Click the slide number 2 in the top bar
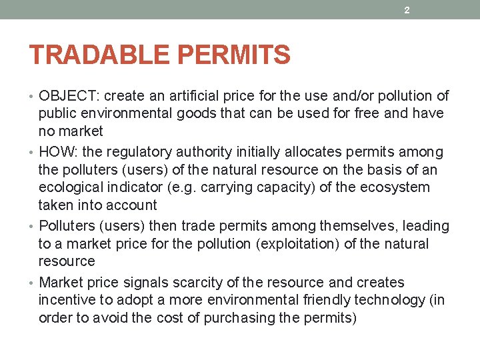pyautogui.click(x=407, y=10)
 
